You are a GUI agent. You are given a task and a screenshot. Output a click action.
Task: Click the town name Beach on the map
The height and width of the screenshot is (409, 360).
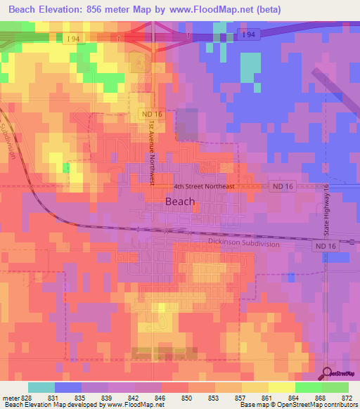pos(179,201)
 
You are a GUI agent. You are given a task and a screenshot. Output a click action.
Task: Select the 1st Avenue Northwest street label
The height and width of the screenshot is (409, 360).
pos(151,152)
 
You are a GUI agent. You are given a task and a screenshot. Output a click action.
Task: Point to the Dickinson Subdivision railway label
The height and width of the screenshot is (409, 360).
pos(243,243)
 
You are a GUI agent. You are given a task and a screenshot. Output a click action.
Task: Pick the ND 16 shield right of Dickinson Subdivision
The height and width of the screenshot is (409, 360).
pos(323,247)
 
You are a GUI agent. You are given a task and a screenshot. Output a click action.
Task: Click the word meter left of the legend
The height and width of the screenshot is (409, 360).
pos(10,397)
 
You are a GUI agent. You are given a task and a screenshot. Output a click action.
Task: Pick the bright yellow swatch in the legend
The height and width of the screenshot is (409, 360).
pos(281,387)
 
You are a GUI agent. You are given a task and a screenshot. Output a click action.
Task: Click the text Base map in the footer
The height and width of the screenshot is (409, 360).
pos(254,405)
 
